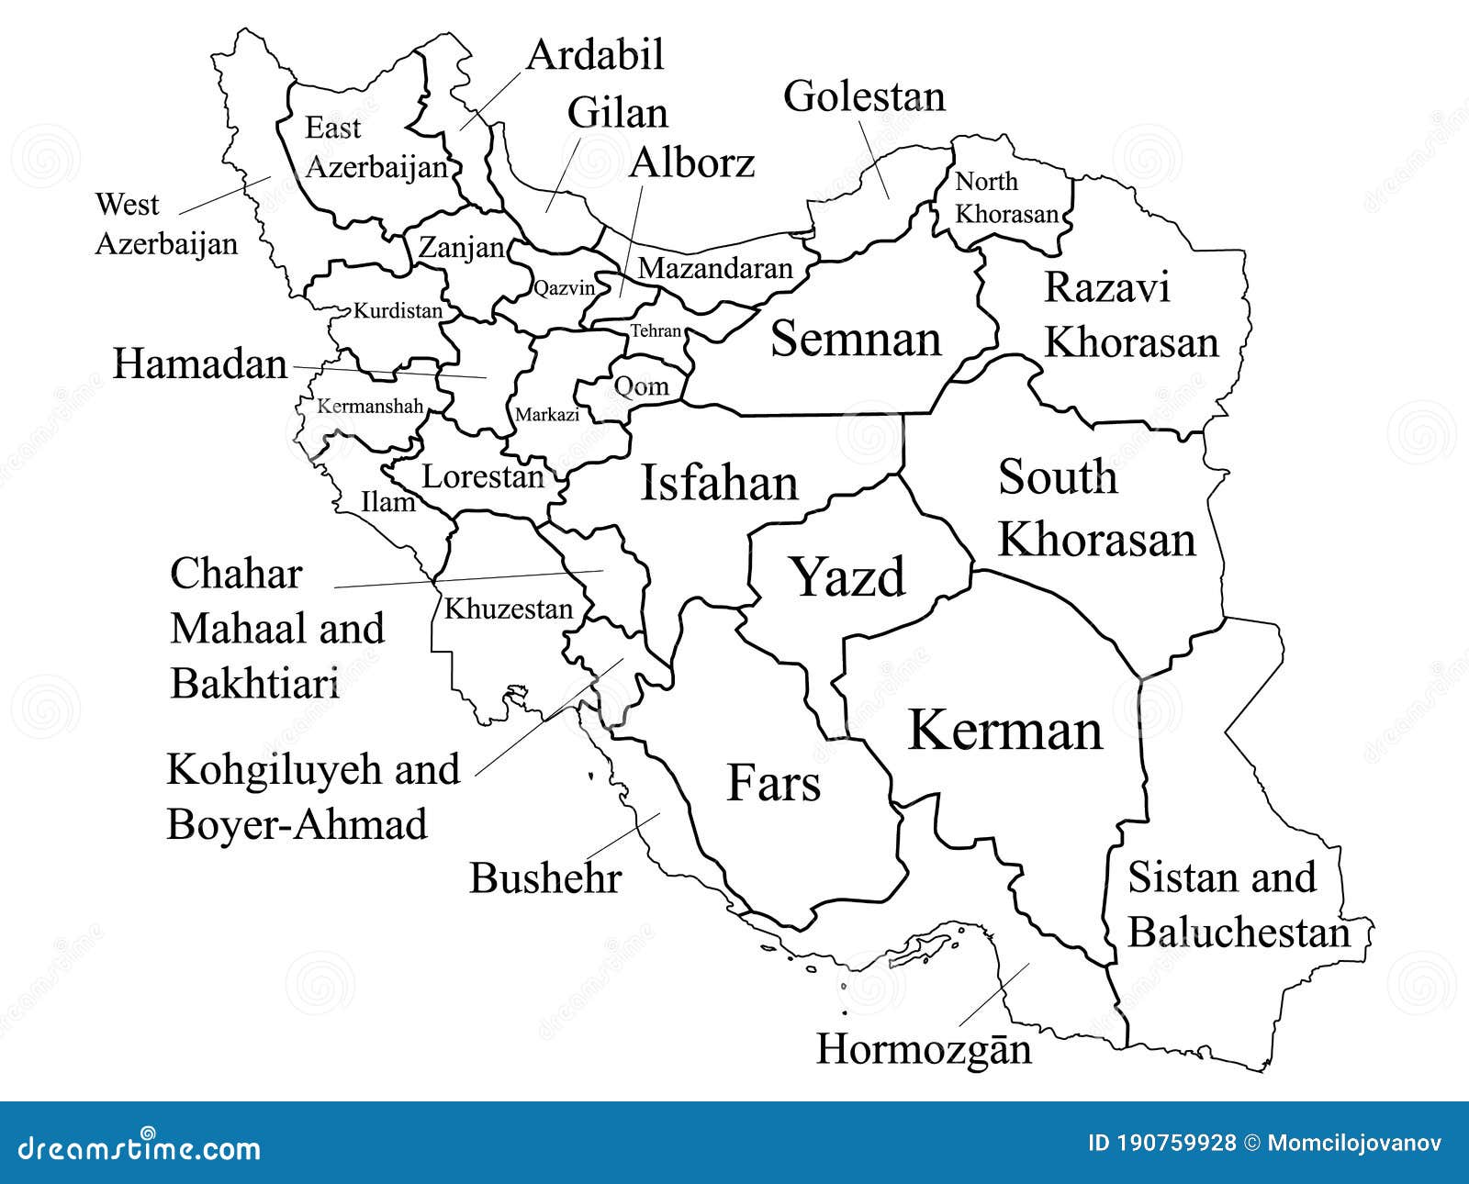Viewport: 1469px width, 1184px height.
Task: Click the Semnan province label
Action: pyautogui.click(x=856, y=339)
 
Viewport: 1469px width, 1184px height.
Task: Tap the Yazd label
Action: pyautogui.click(x=848, y=577)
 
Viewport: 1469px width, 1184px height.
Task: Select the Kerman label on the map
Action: pyautogui.click(x=1005, y=731)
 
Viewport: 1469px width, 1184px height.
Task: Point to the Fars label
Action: pyautogui.click(x=773, y=783)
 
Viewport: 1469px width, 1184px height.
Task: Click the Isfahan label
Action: pyautogui.click(x=719, y=484)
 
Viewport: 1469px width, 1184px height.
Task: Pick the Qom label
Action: pyautogui.click(x=641, y=385)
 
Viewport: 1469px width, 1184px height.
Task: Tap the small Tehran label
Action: pyautogui.click(x=656, y=331)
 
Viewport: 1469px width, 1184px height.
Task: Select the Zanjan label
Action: pyautogui.click(x=461, y=248)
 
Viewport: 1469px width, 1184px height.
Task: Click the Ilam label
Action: pyautogui.click(x=387, y=502)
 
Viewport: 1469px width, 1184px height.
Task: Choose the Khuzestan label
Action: pyautogui.click(x=508, y=609)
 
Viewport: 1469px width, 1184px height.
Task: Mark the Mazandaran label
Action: pyautogui.click(x=714, y=268)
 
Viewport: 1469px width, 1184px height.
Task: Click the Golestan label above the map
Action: pyautogui.click(x=863, y=96)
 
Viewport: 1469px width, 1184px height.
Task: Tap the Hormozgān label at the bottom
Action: pyautogui.click(x=924, y=1048)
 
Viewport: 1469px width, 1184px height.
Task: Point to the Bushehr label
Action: pyautogui.click(x=545, y=878)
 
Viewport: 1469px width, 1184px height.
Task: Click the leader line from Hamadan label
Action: pyautogui.click(x=386, y=372)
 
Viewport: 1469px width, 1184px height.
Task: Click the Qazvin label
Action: pyautogui.click(x=564, y=288)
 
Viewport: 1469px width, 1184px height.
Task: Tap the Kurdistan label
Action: pyautogui.click(x=398, y=311)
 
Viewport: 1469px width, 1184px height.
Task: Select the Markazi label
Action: pyautogui.click(x=547, y=415)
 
